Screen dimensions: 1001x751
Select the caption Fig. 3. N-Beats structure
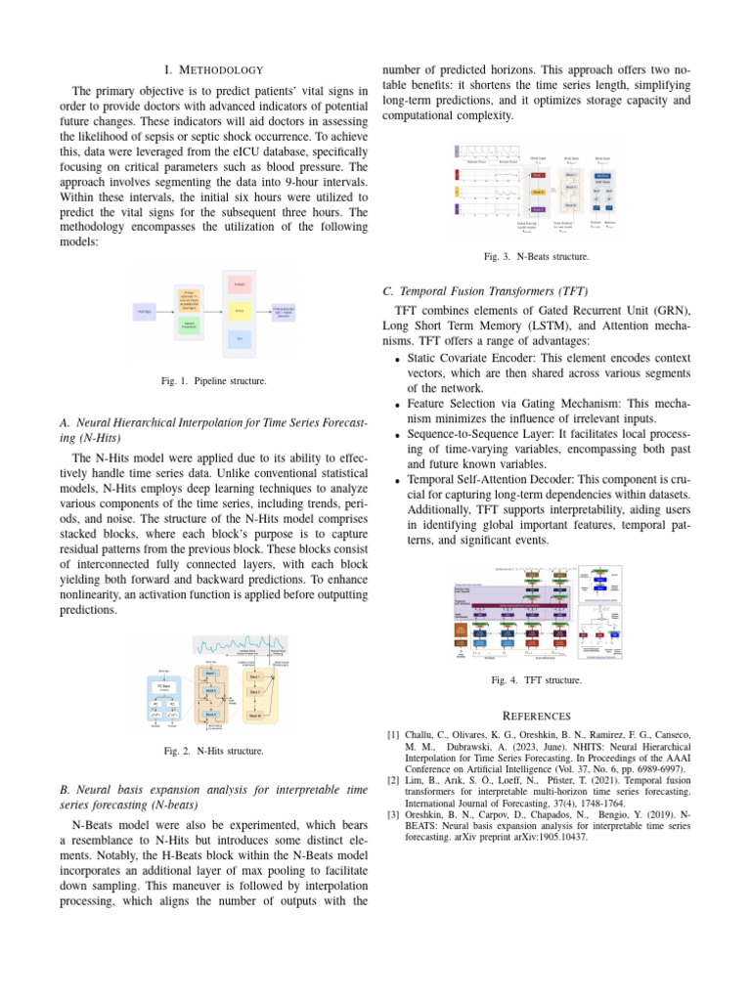click(537, 257)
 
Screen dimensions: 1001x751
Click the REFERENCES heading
click(537, 716)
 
